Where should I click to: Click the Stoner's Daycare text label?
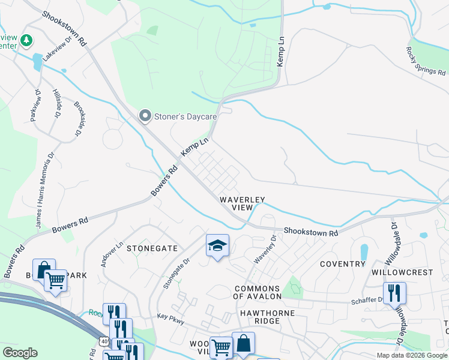click(181, 116)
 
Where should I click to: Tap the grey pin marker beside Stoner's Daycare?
click(145, 116)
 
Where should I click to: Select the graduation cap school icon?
click(217, 245)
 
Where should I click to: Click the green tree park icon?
click(26, 41)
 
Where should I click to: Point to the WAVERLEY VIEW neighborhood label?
click(242, 203)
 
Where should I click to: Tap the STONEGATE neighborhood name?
click(152, 248)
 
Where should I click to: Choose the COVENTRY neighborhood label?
click(343, 264)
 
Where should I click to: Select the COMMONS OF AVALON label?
click(258, 293)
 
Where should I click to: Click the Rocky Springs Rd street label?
click(426, 62)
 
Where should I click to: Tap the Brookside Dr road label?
click(77, 118)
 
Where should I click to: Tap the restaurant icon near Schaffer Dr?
click(394, 293)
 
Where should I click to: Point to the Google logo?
click(20, 352)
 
